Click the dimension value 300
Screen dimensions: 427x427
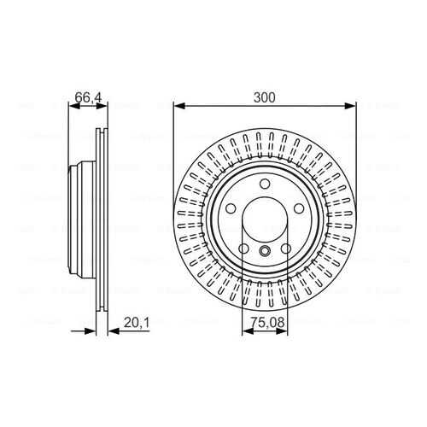265,97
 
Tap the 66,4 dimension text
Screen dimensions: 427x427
88,97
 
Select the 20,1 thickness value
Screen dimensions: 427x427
137,323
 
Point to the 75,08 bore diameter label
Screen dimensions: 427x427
267,323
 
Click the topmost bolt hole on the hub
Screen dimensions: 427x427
265,184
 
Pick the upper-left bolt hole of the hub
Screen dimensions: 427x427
231,208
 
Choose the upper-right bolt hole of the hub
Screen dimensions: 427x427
299,208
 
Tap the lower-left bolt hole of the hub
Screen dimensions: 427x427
243,249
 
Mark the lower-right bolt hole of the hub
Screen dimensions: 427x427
286,249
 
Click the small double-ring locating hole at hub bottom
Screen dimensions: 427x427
265,250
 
